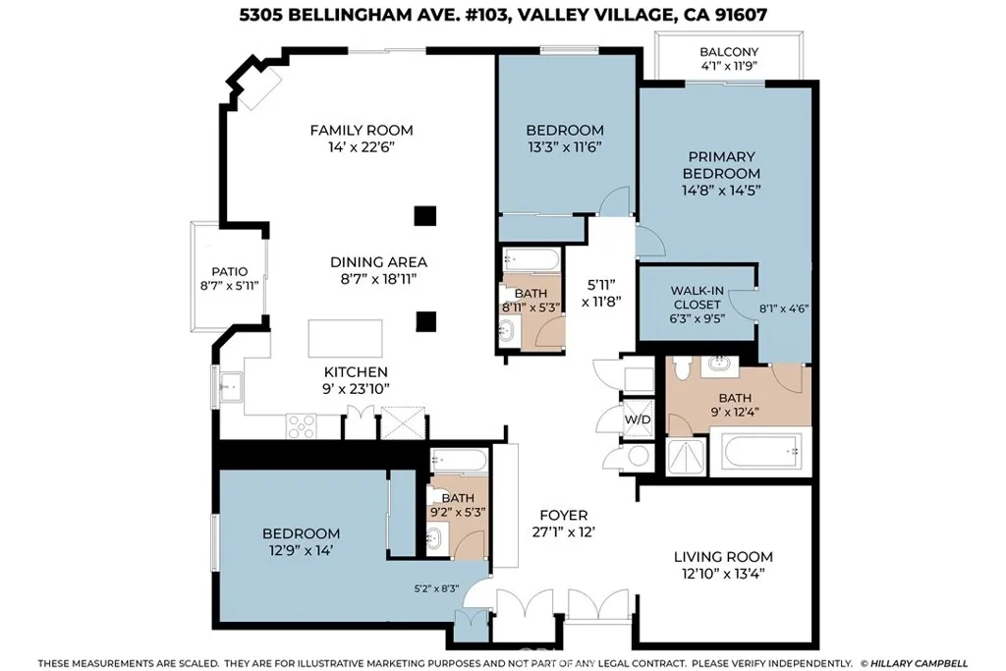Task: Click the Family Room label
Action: coord(361,130)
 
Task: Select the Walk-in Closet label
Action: coord(697,298)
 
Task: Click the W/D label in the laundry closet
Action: coord(638,420)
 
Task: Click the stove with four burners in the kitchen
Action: coord(301,425)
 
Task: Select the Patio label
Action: coord(229,272)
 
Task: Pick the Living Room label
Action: coord(722,556)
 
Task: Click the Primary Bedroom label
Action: coord(721,165)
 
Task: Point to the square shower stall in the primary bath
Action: coord(684,455)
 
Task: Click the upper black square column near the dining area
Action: coord(423,215)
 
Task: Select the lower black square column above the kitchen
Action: coord(424,321)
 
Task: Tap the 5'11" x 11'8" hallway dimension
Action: coord(599,294)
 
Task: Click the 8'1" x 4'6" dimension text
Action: coord(784,308)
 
